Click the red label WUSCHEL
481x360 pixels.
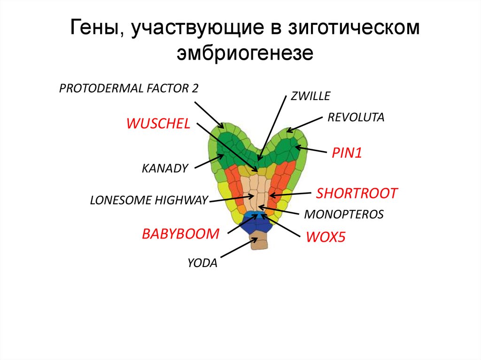(158, 124)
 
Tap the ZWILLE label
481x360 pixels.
(310, 96)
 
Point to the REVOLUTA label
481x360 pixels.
(356, 117)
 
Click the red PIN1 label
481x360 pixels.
(347, 153)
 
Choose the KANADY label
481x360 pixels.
(165, 168)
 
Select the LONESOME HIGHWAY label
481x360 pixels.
(148, 200)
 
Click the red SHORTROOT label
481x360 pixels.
(357, 193)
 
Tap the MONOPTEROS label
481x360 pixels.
(344, 214)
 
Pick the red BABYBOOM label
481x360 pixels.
(181, 233)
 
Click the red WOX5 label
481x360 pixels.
(326, 237)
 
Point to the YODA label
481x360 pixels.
(202, 263)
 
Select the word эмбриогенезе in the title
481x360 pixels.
(244, 53)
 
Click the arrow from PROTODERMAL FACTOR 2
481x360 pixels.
(209, 113)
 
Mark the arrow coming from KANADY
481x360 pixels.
(207, 161)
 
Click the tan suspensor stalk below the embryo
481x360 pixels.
(259, 243)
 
